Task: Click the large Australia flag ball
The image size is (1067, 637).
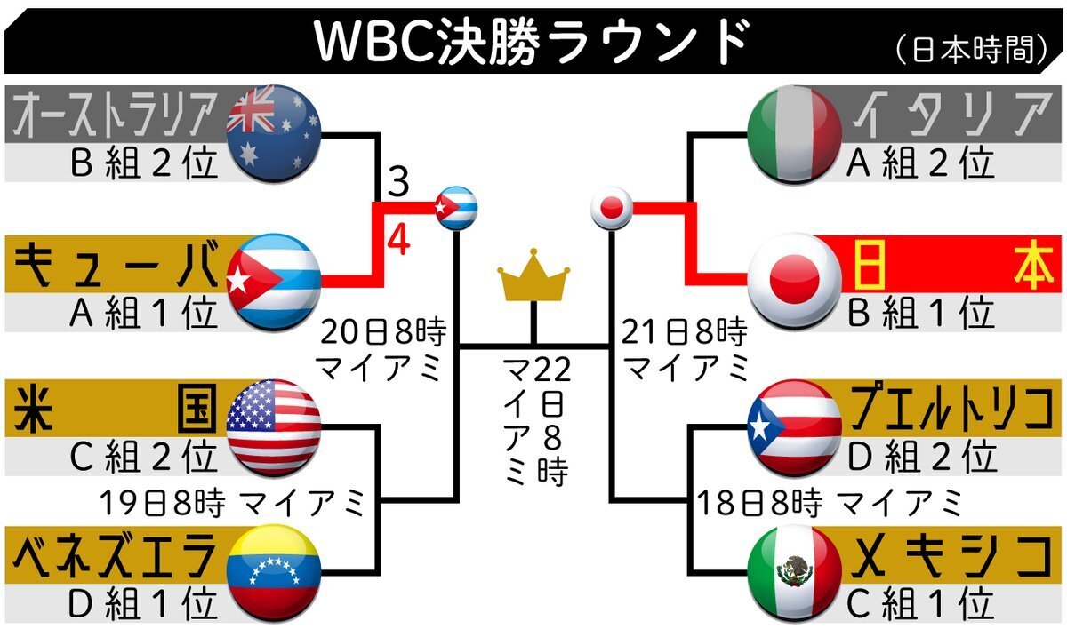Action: click(274, 134)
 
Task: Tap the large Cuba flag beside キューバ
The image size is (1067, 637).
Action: click(274, 282)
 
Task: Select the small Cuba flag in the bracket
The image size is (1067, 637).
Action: click(456, 208)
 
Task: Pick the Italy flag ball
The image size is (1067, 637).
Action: click(794, 134)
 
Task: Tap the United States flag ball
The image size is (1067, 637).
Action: click(274, 427)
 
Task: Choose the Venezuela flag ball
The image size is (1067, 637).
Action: click(274, 573)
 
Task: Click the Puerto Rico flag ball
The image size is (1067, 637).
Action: click(794, 427)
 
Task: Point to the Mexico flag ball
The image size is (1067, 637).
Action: click(794, 573)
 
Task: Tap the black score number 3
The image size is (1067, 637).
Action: click(398, 181)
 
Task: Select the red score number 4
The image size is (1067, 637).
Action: click(398, 241)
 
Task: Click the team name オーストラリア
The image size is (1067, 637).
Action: click(116, 115)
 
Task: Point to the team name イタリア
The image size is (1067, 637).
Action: click(951, 115)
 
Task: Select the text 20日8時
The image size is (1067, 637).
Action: click(383, 332)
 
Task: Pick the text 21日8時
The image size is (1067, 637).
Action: click(684, 332)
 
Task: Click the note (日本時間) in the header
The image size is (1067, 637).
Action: click(971, 50)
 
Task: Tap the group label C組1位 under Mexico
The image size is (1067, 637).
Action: click(920, 603)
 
